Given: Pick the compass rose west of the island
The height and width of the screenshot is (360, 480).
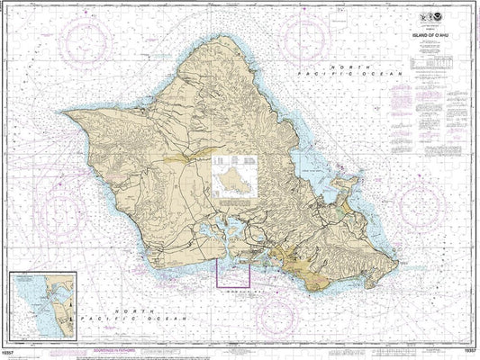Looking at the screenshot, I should coord(35,184).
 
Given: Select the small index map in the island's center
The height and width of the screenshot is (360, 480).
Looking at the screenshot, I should coord(233,175).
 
